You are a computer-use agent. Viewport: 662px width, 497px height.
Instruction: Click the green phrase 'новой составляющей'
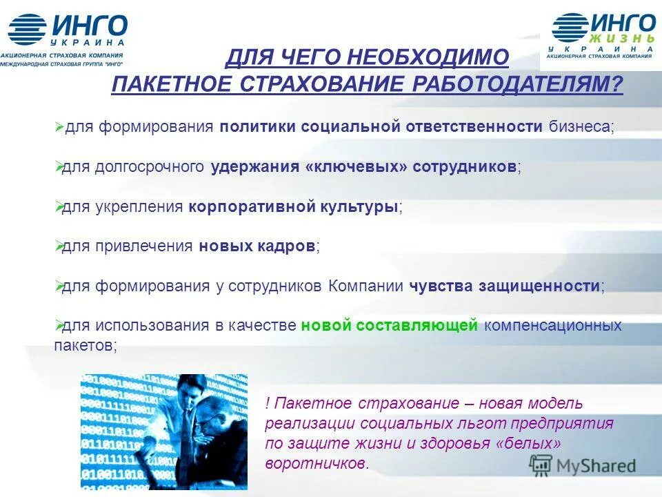point(389,325)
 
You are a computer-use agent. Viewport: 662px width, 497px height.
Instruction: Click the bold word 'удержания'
point(254,166)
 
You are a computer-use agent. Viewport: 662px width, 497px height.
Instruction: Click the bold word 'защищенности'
point(541,286)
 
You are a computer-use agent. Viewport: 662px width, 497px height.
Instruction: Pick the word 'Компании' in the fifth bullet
point(365,286)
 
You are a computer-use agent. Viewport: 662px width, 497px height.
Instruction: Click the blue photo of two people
point(163,431)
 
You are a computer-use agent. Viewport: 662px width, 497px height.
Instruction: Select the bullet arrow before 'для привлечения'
point(58,246)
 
